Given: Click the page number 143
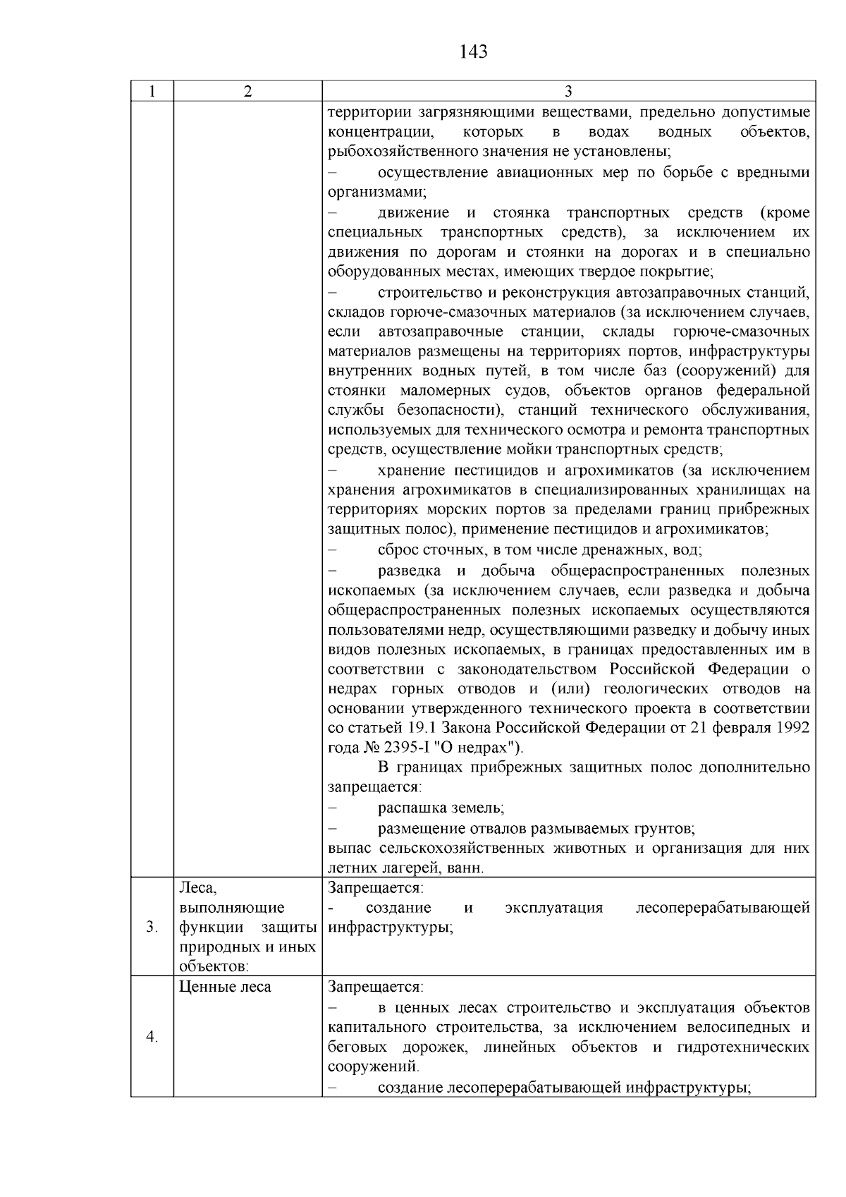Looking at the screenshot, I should [x=473, y=51].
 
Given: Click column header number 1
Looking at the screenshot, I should [x=152, y=92].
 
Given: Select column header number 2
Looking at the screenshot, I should [x=247, y=92].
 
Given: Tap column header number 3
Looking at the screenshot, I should [x=568, y=92].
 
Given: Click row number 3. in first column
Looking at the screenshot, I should [x=152, y=927].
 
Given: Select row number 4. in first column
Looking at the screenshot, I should [x=152, y=1036].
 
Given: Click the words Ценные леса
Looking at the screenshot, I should [x=225, y=987].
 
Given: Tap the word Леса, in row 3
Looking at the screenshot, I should [x=196, y=887].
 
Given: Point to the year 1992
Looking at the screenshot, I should [x=792, y=727].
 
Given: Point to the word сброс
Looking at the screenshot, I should [x=398, y=549].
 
